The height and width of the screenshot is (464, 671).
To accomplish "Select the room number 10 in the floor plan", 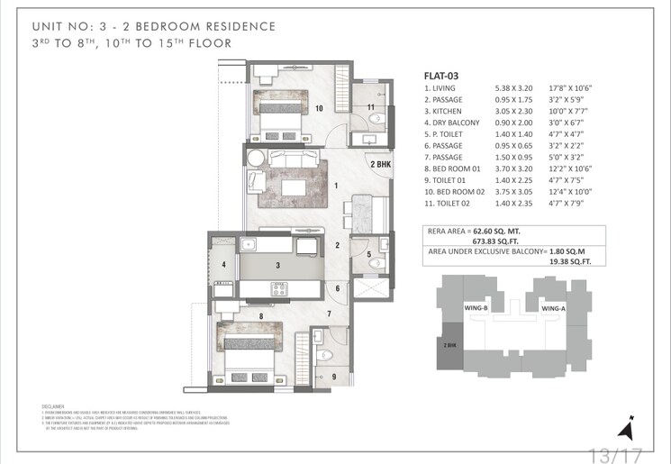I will point(319,108).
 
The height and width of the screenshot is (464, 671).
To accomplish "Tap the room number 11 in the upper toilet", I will point(370,108).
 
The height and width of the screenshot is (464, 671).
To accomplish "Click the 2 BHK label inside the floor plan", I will point(379,165).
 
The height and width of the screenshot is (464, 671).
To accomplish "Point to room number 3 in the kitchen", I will point(278,265).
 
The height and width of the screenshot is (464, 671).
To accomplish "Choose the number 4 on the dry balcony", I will point(223,264).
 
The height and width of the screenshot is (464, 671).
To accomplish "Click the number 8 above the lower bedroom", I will point(260,316).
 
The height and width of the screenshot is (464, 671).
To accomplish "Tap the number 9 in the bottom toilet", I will point(331,377).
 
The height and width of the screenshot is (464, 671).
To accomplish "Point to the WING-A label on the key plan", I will point(552,308).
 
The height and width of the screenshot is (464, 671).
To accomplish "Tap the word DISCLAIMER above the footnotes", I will point(54,407).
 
